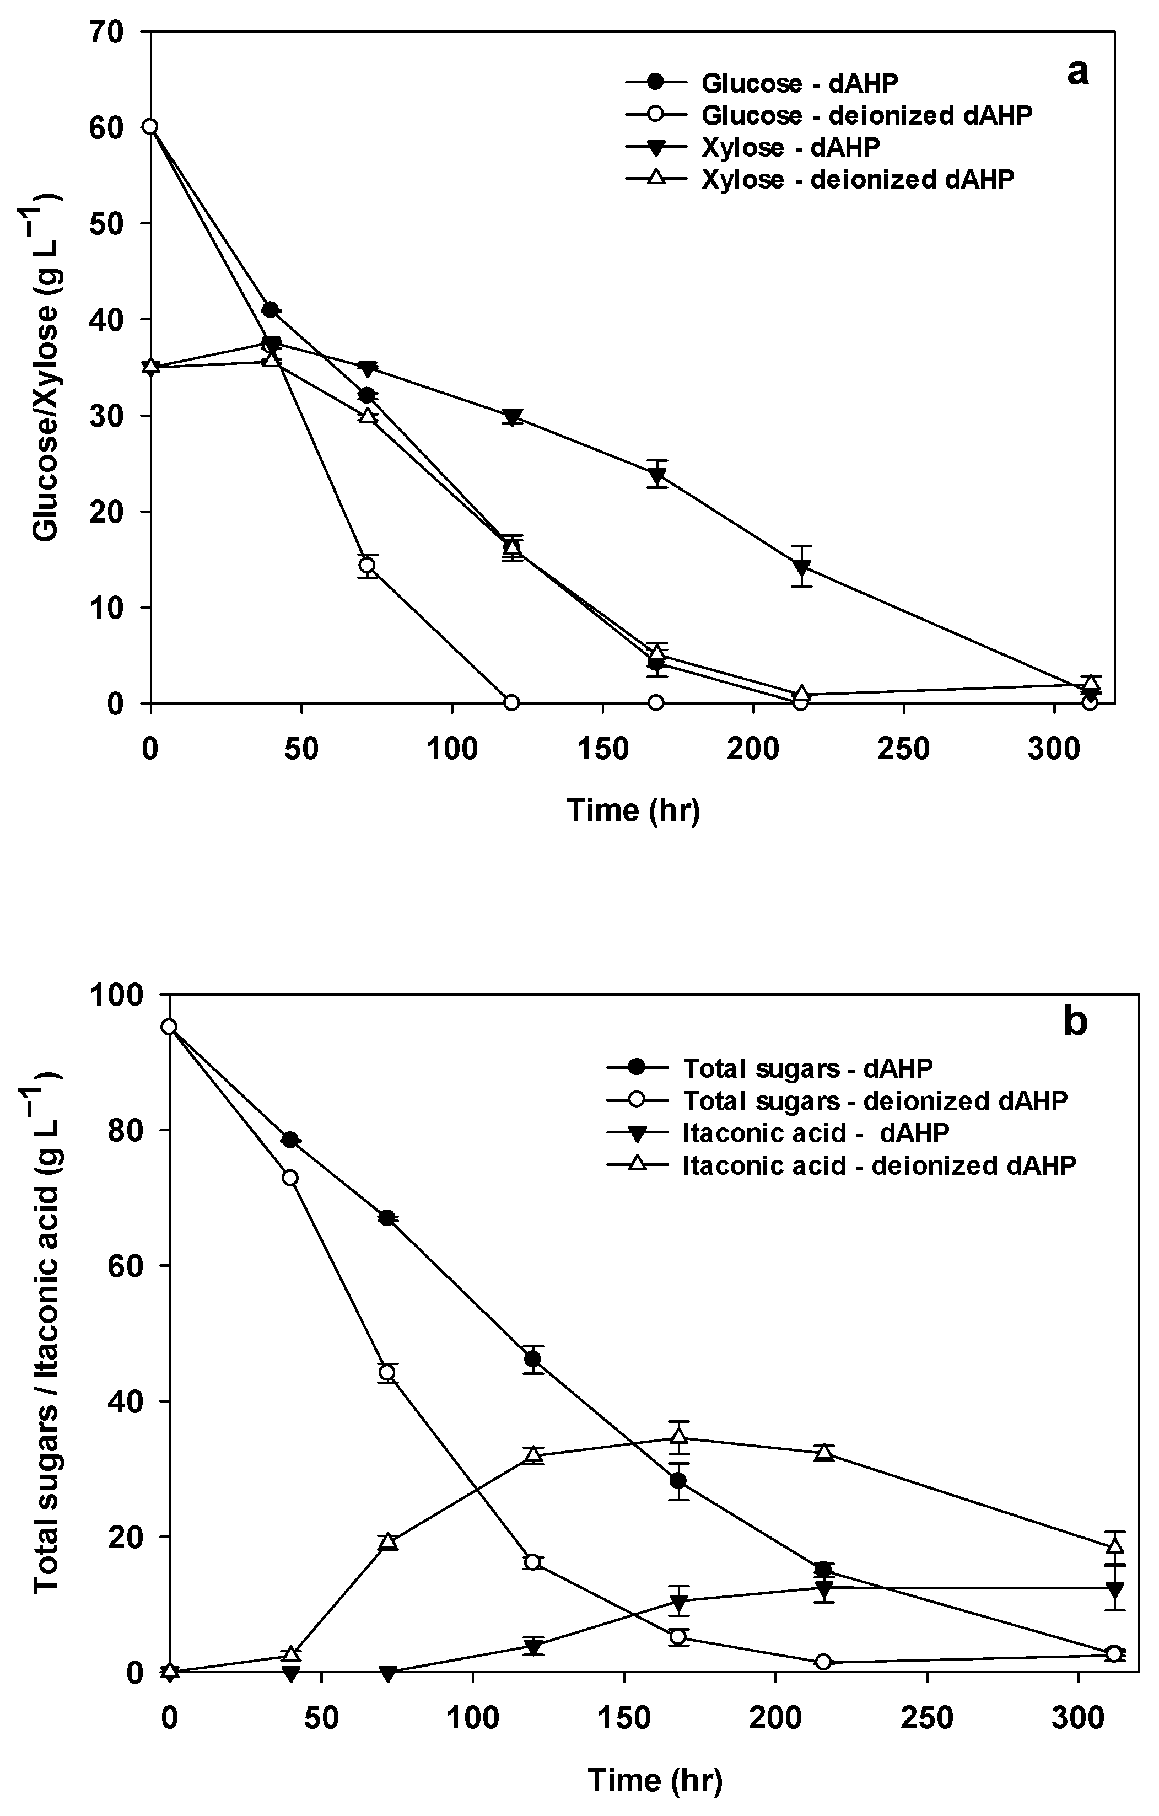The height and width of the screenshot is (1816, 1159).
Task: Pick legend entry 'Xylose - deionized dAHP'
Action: (x=858, y=180)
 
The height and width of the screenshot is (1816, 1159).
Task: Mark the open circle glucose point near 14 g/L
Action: (x=367, y=566)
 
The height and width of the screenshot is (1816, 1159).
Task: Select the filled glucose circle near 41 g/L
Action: (x=270, y=310)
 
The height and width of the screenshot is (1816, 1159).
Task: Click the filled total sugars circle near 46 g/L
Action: (x=532, y=1359)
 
